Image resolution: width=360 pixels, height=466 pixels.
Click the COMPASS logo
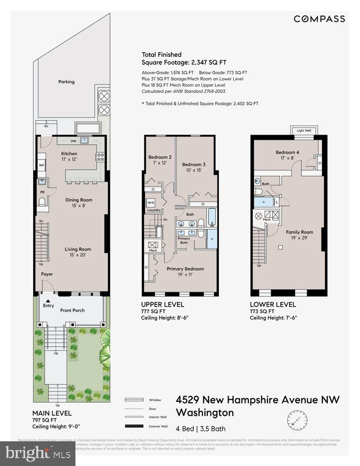pos(319,19)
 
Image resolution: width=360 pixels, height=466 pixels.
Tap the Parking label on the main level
pos(66,82)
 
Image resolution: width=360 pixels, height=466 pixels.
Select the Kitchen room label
pos(69,154)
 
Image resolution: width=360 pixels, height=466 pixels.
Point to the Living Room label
pos(77,249)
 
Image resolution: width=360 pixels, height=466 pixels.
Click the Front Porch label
pos(72,310)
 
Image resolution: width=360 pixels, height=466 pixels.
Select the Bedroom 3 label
pos(193,164)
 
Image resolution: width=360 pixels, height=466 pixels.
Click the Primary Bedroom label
pos(185,269)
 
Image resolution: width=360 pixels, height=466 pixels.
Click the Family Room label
pos(299,232)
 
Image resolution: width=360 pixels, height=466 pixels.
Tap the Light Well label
pos(303,131)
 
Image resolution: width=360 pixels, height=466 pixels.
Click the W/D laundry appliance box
pos(151,203)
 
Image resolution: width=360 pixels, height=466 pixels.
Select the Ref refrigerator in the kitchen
pos(41,165)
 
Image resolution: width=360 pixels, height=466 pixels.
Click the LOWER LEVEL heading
pos(272,305)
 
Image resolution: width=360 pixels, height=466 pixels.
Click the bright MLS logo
pos(38,453)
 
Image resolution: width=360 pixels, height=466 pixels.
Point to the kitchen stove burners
pos(100,157)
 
